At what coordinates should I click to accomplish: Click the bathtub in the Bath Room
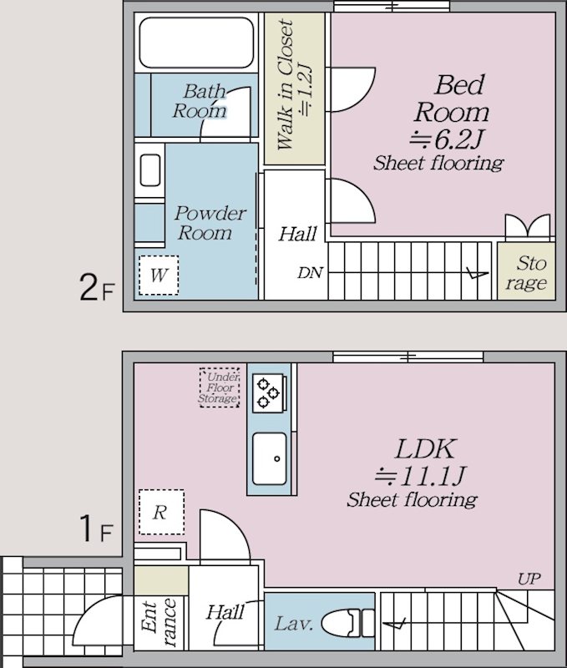pos(195,42)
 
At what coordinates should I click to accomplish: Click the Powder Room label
pos(210,222)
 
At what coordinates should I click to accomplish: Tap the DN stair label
pos(310,273)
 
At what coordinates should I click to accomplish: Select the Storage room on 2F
pos(529,273)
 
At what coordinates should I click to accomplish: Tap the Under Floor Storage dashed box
pos(220,388)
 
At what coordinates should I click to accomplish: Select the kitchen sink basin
pos(270,458)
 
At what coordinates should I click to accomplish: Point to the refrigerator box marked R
pos(159,512)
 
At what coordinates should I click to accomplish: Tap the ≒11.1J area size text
pos(420,477)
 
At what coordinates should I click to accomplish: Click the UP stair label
pos(528,579)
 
